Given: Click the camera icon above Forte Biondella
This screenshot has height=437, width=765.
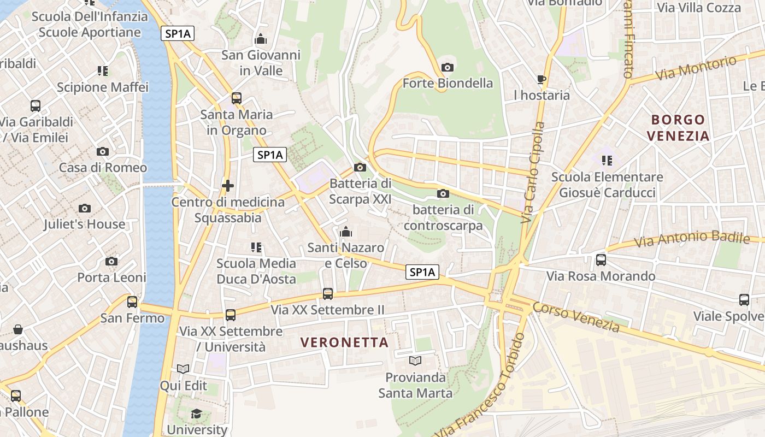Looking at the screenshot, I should click(448, 67).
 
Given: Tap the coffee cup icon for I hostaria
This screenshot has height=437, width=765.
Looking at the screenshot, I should click(542, 79).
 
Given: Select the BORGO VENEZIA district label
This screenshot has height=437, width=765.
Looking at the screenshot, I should click(680, 127).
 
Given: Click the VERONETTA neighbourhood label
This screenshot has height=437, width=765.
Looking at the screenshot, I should click(344, 342).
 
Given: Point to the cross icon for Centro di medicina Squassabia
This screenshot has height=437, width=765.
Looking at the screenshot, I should click(228, 186).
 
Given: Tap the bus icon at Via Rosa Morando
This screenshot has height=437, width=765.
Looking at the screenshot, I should click(601, 260).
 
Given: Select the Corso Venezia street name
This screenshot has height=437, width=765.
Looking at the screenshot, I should click(576, 317).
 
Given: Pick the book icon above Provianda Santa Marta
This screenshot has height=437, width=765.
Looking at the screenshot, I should click(415, 361).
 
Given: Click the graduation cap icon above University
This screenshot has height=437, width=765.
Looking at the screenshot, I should click(196, 414).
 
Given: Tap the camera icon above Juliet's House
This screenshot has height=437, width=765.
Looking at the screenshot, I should click(85, 208).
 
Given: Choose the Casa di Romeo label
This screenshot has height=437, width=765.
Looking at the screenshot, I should click(103, 168).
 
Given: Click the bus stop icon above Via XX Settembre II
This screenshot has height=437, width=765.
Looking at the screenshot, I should click(328, 294).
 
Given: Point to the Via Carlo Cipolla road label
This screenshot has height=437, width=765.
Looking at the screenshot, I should click(533, 172).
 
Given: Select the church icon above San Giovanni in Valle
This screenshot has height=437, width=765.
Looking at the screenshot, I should click(261, 39).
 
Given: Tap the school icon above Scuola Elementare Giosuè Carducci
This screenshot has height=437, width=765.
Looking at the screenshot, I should click(607, 161).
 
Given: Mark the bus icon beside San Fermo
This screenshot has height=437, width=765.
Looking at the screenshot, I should click(132, 302).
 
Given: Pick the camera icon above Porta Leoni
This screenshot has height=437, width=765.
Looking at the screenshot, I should click(111, 262).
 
